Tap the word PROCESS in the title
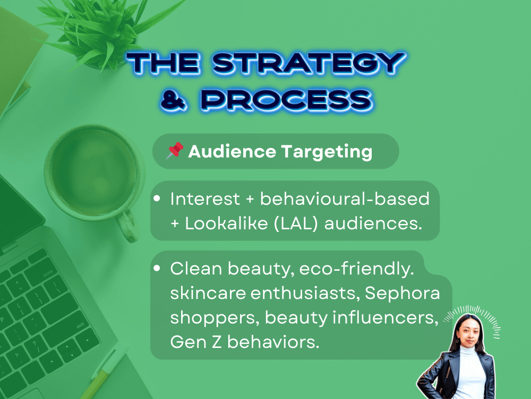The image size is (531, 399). (287, 100)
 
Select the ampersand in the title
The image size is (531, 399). (174, 101)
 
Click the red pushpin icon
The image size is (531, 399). (174, 151)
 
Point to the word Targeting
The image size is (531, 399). (327, 152)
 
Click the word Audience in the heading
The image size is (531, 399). (232, 151)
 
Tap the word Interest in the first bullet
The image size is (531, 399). (205, 198)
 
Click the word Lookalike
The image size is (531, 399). (226, 223)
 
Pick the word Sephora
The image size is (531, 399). (402, 293)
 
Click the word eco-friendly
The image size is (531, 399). (356, 269)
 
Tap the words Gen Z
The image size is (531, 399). (196, 342)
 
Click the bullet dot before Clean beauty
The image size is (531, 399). (157, 268)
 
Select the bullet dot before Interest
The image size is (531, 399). (157, 198)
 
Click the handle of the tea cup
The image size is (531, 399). (127, 226)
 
